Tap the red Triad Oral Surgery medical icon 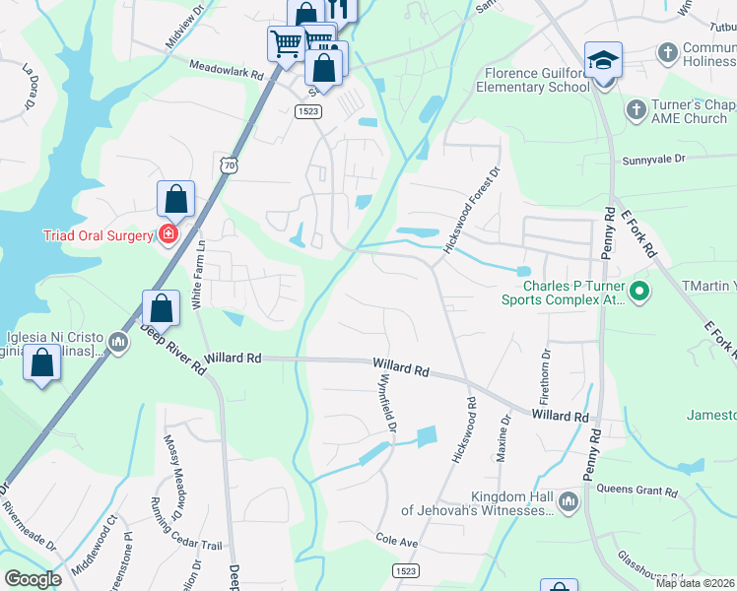(168, 234)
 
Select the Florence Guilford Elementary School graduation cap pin (603, 62)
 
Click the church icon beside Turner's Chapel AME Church (636, 108)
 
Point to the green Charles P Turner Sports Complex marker (639, 291)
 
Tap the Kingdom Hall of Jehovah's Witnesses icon (568, 502)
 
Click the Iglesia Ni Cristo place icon (118, 342)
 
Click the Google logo (33, 579)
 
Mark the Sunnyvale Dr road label (654, 159)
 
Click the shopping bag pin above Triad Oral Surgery (175, 199)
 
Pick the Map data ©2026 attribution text (695, 583)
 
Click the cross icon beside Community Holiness (668, 50)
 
